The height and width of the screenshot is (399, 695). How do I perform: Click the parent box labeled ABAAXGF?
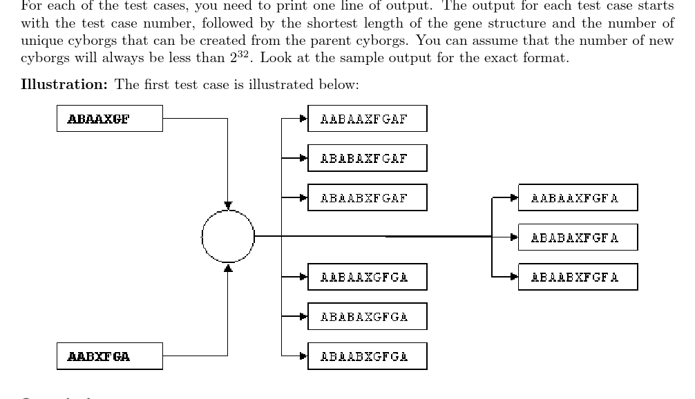[x=109, y=118]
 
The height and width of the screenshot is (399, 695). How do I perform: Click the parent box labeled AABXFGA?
[x=109, y=356]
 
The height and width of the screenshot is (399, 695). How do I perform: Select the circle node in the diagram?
[x=228, y=237]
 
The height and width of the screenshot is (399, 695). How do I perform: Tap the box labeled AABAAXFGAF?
[x=367, y=119]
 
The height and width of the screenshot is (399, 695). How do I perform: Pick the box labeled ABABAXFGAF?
[x=367, y=158]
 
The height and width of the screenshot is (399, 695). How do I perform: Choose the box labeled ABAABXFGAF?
[x=367, y=197]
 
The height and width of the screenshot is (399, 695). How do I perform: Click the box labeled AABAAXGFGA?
[x=367, y=277]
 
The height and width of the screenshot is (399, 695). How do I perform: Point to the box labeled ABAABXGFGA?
[x=367, y=356]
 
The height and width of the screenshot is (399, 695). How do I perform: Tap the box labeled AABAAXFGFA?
[x=577, y=197]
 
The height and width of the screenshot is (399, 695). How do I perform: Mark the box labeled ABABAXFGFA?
[x=577, y=237]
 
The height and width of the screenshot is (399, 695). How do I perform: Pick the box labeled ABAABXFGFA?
[x=577, y=277]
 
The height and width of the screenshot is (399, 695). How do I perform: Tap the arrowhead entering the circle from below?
[x=228, y=266]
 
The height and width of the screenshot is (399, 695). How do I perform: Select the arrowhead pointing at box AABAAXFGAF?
[x=303, y=119]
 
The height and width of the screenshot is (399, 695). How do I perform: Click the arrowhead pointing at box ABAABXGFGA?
[x=303, y=356]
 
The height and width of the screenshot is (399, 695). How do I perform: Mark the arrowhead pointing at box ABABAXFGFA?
[x=513, y=237]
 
